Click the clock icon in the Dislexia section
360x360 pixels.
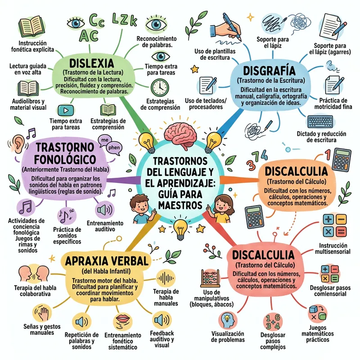(x=160, y=86)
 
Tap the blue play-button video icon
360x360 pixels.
(x=66, y=109)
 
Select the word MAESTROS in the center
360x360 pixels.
(x=180, y=205)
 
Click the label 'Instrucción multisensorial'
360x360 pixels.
(x=333, y=249)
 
